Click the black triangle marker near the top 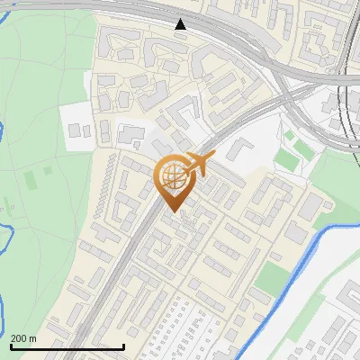[x=181, y=24]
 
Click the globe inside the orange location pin [x=171, y=176]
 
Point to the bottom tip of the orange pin [x=171, y=211]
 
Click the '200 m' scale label [x=23, y=337]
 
